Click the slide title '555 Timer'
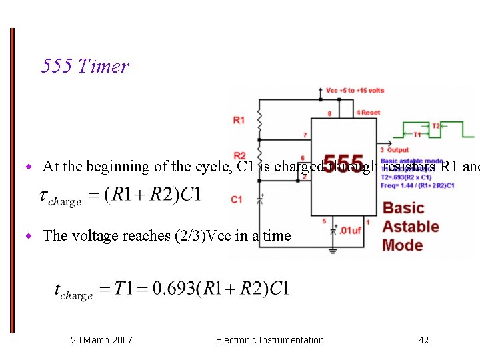pos(85,66)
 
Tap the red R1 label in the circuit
pos(239,120)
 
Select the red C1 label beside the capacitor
pos(237,199)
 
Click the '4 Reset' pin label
pos(368,113)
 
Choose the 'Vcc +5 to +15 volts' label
pos(355,91)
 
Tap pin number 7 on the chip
pos(305,135)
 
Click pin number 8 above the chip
pos(329,113)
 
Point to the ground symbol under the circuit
pos(333,251)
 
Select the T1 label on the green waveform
pos(417,135)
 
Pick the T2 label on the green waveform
pos(435,125)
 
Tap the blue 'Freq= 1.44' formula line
pos(417,185)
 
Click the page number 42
pos(423,340)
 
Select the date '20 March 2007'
pos(101,340)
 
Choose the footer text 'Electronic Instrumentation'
pos(269,340)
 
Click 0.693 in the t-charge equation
pos(176,288)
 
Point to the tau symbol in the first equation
pos(44,196)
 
